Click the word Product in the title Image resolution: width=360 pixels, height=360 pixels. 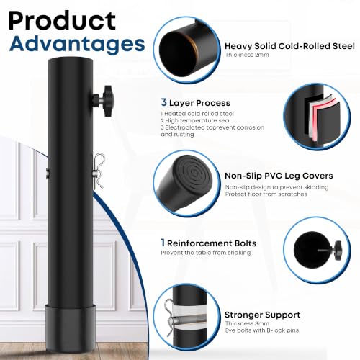tap(62, 21)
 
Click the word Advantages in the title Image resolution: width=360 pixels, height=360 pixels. tap(77, 44)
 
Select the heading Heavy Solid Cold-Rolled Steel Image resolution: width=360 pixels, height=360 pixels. tap(289, 46)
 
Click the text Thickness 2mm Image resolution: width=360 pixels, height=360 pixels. tap(247, 55)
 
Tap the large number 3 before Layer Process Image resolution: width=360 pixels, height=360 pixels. tap(163, 102)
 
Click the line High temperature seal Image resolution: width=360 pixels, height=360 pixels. tap(196, 120)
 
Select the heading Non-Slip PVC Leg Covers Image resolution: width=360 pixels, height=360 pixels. tap(279, 176)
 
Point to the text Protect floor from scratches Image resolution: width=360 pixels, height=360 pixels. tap(266, 194)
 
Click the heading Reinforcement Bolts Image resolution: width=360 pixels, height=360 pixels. tap(212, 243)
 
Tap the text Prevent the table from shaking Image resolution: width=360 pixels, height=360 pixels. tap(206, 253)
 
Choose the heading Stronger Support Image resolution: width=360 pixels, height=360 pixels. tap(262, 315)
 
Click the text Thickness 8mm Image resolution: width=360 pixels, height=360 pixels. tap(247, 323)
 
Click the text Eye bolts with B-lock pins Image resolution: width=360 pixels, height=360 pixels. tap(262, 330)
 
